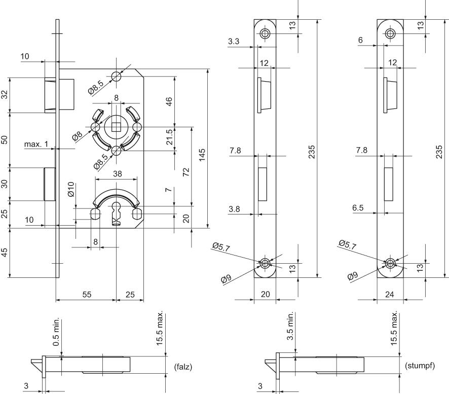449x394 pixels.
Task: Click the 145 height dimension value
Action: (202, 155)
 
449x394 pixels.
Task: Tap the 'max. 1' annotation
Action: (36, 144)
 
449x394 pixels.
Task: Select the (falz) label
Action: (183, 367)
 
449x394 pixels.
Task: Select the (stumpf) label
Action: (420, 366)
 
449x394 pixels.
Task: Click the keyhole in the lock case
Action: (116, 213)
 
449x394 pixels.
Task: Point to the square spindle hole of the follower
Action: (116, 127)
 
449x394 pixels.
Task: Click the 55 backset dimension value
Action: (87, 294)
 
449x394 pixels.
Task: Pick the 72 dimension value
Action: (186, 171)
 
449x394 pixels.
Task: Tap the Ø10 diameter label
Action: (71, 189)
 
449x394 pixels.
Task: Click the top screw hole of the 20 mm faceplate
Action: (265, 33)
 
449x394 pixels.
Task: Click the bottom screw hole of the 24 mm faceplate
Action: (390, 263)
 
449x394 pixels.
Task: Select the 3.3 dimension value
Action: (234, 42)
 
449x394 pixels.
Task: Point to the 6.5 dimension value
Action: (358, 208)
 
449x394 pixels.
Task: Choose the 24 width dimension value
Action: (389, 294)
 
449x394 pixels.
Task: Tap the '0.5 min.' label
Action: (56, 332)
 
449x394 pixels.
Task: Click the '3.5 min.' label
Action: (290, 326)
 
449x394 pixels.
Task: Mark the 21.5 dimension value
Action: (170, 137)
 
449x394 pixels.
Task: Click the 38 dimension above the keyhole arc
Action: (118, 174)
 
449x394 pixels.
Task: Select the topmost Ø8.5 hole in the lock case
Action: (116, 76)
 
